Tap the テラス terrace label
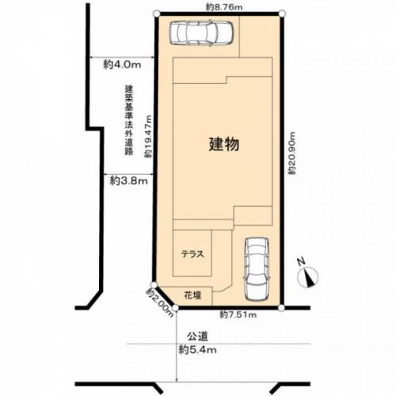[192, 254]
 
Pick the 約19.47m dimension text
[148, 137]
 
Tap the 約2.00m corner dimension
[159, 302]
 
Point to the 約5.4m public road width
[198, 349]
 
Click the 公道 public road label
[198, 336]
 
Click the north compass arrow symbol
[309, 276]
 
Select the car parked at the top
[202, 32]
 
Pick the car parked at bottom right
[257, 268]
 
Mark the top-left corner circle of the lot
[158, 13]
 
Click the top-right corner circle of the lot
[281, 13]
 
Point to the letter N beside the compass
[300, 262]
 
